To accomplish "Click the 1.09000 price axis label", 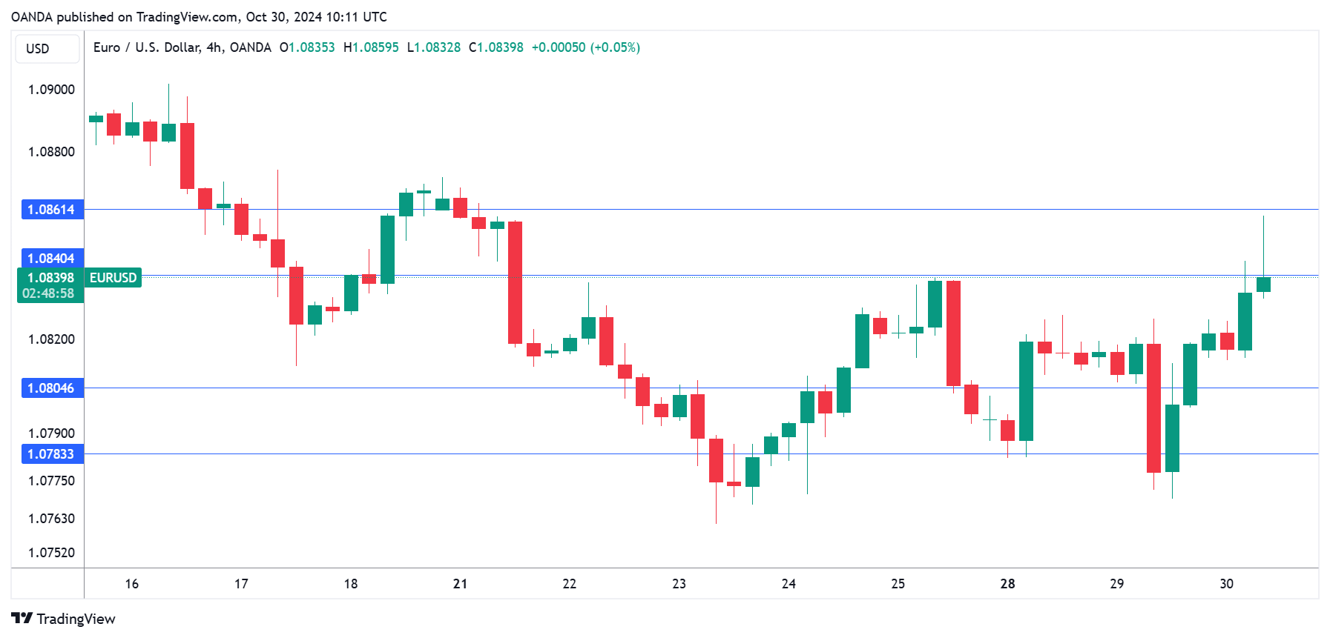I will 51,90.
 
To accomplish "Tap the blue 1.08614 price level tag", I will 52,210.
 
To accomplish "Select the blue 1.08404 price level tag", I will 52,259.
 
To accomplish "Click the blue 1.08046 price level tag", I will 52,388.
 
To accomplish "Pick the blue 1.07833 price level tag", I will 52,454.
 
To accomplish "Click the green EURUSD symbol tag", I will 113,278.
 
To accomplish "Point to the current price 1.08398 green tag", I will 50,278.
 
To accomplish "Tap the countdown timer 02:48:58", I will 48,293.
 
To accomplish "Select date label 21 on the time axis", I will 460,584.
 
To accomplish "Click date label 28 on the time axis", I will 1007,584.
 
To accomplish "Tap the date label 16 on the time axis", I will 132,584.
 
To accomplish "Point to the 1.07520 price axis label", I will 51,553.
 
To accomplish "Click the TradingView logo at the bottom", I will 64,619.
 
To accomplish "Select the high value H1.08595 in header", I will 371,47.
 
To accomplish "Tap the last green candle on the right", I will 1263,285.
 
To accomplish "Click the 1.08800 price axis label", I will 51,152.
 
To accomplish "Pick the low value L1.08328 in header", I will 434,47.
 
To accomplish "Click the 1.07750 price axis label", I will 51,481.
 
